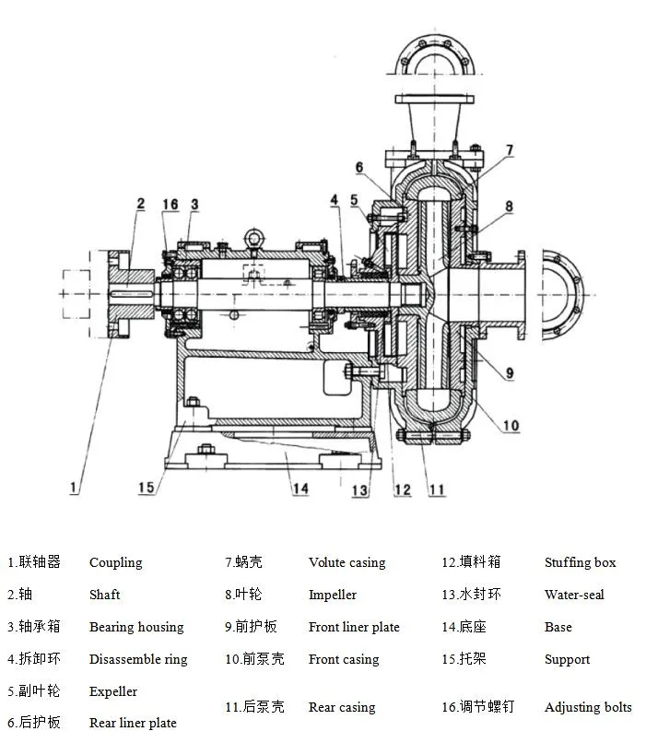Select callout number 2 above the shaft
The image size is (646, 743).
pyautogui.click(x=140, y=204)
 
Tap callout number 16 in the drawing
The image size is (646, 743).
pyautogui.click(x=170, y=204)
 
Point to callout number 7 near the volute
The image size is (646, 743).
pyautogui.click(x=510, y=149)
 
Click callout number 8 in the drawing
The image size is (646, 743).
pyautogui.click(x=509, y=206)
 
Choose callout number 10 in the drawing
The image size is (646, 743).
pyautogui.click(x=511, y=426)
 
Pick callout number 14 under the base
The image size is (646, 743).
pyautogui.click(x=300, y=489)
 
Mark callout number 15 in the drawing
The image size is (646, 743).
pyautogui.click(x=145, y=487)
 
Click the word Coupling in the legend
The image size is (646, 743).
pyautogui.click(x=115, y=562)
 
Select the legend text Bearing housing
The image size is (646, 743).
pyautogui.click(x=136, y=627)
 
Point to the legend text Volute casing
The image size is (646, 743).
pyautogui.click(x=346, y=562)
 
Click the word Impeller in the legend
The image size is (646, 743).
pyautogui.click(x=333, y=595)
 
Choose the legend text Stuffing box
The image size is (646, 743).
pyautogui.click(x=580, y=562)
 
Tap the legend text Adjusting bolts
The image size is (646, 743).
pyautogui.click(x=588, y=707)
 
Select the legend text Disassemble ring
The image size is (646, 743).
pyautogui.click(x=138, y=659)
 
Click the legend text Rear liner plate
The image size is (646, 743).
pyautogui.click(x=133, y=723)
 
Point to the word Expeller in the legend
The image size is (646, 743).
pyautogui.click(x=113, y=691)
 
